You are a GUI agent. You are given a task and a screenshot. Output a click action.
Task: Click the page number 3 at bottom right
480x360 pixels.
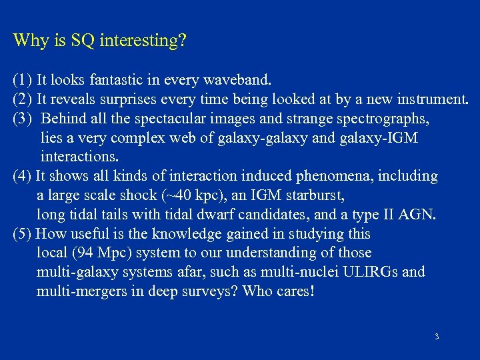tap(437, 337)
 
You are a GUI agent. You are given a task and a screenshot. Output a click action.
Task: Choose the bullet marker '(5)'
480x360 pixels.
tap(22, 234)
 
